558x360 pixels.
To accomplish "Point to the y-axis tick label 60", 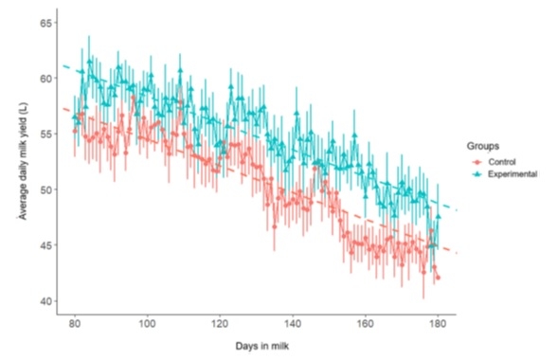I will click(x=44, y=77).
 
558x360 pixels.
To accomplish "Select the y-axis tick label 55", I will click(x=44, y=133).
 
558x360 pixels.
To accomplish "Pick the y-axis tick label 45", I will click(x=44, y=244).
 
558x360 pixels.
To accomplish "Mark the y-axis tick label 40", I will click(x=44, y=300).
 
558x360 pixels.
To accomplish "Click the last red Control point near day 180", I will click(x=438, y=278).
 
